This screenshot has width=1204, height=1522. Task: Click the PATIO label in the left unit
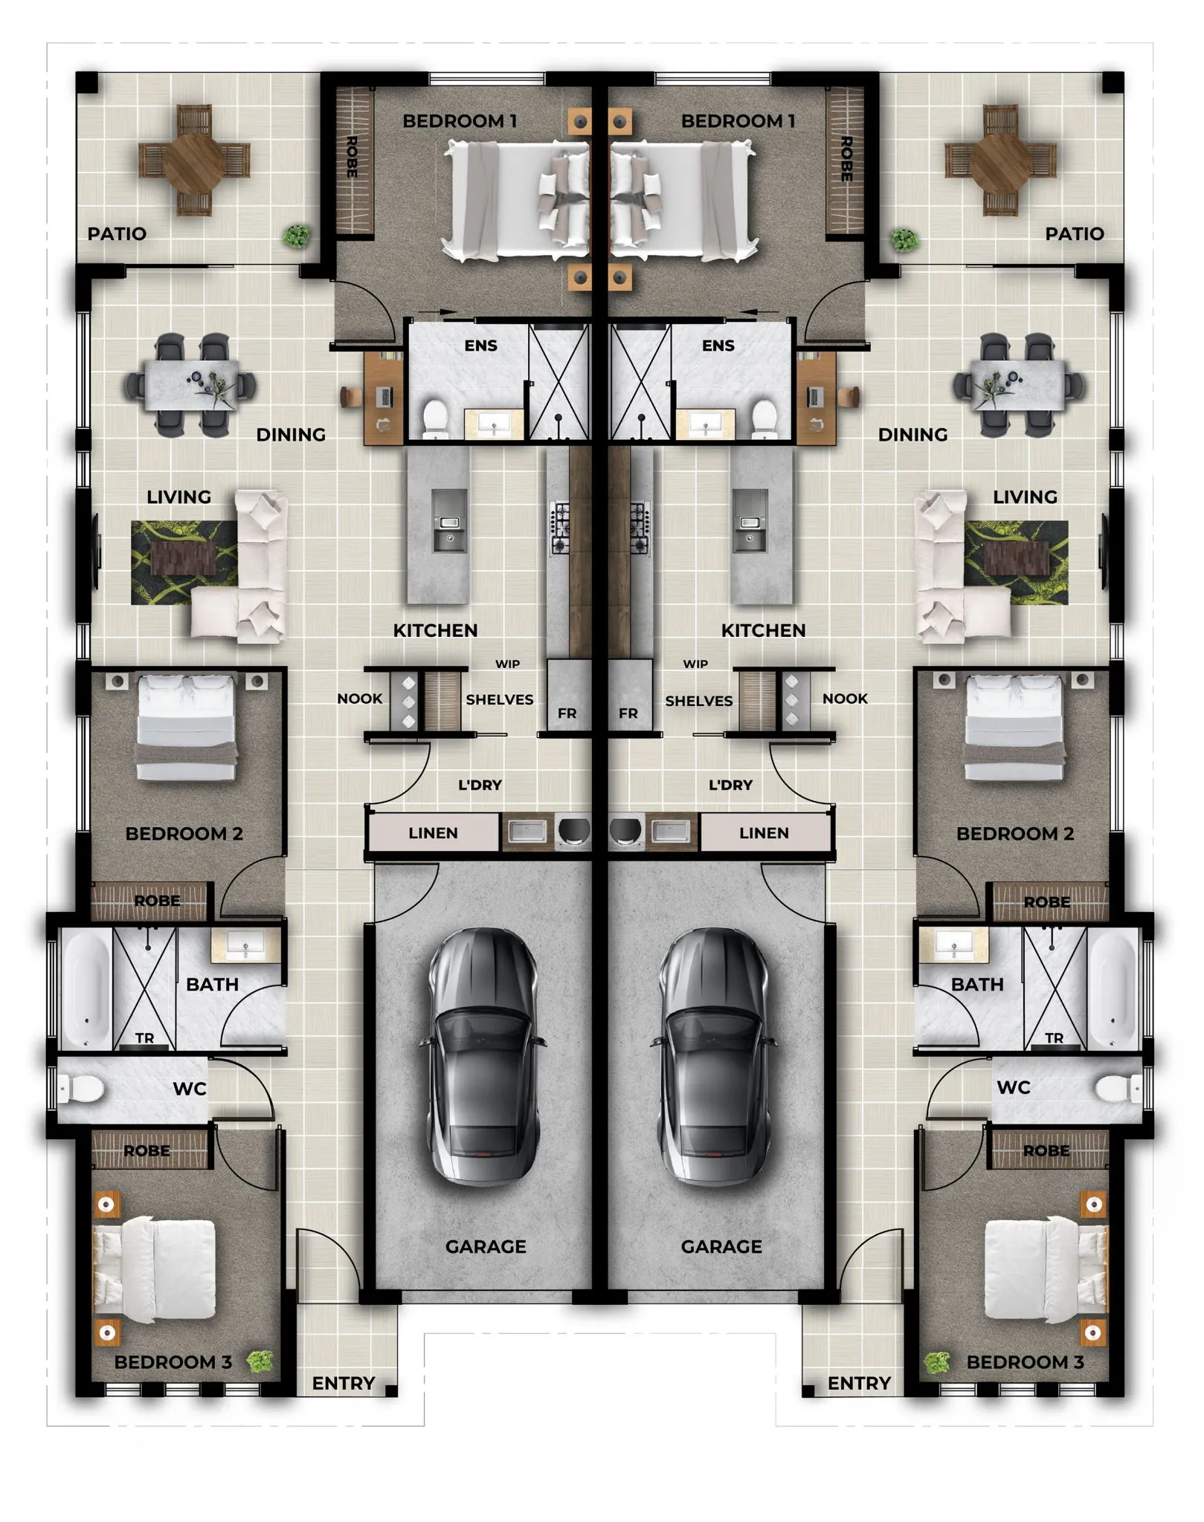click(117, 234)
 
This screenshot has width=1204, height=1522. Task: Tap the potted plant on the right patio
click(904, 240)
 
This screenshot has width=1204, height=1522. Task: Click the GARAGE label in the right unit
click(721, 1246)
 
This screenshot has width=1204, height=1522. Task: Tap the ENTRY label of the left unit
click(344, 1383)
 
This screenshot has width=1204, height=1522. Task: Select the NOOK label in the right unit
click(846, 699)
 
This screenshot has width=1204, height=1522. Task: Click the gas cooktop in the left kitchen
click(559, 528)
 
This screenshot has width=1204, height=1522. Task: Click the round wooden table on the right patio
click(1000, 161)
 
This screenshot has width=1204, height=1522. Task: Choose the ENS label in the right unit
click(718, 346)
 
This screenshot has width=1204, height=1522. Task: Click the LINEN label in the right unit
click(764, 833)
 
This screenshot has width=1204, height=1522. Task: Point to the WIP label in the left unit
click(508, 664)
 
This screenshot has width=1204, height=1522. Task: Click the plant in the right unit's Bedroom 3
click(938, 1362)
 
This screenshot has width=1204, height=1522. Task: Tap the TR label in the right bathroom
click(1054, 1037)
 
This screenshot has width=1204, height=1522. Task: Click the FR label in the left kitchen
click(567, 713)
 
